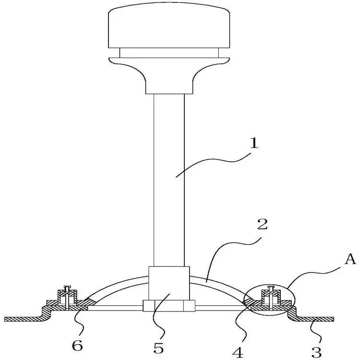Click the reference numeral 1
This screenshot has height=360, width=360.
[254, 143]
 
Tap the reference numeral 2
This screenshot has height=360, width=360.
[263, 224]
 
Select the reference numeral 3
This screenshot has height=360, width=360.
[316, 352]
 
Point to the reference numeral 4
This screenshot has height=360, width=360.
[238, 353]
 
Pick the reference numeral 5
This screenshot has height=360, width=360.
[158, 348]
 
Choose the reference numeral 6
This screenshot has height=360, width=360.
[77, 345]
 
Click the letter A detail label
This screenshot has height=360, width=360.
[350, 260]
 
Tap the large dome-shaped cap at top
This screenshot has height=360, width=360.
[169, 25]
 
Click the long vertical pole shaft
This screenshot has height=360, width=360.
[169, 180]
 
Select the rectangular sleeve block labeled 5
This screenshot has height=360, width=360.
[169, 284]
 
